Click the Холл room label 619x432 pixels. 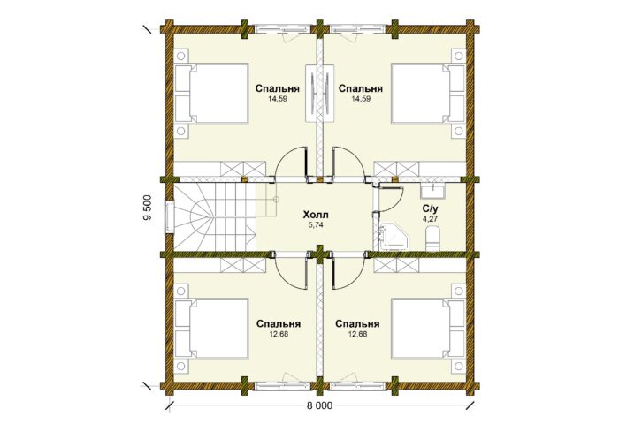316,216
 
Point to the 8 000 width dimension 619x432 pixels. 319,406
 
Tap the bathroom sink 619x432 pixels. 433,191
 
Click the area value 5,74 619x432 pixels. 316,225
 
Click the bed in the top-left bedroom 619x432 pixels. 211,93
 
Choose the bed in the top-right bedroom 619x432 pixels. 428,93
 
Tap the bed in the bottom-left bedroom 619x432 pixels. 211,329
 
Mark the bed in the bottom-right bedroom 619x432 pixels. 428,329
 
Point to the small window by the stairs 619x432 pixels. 169,217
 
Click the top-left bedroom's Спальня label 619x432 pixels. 277,88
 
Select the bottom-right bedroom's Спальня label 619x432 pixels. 357,324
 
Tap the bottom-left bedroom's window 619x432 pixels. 280,386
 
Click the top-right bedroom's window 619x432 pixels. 358,29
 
